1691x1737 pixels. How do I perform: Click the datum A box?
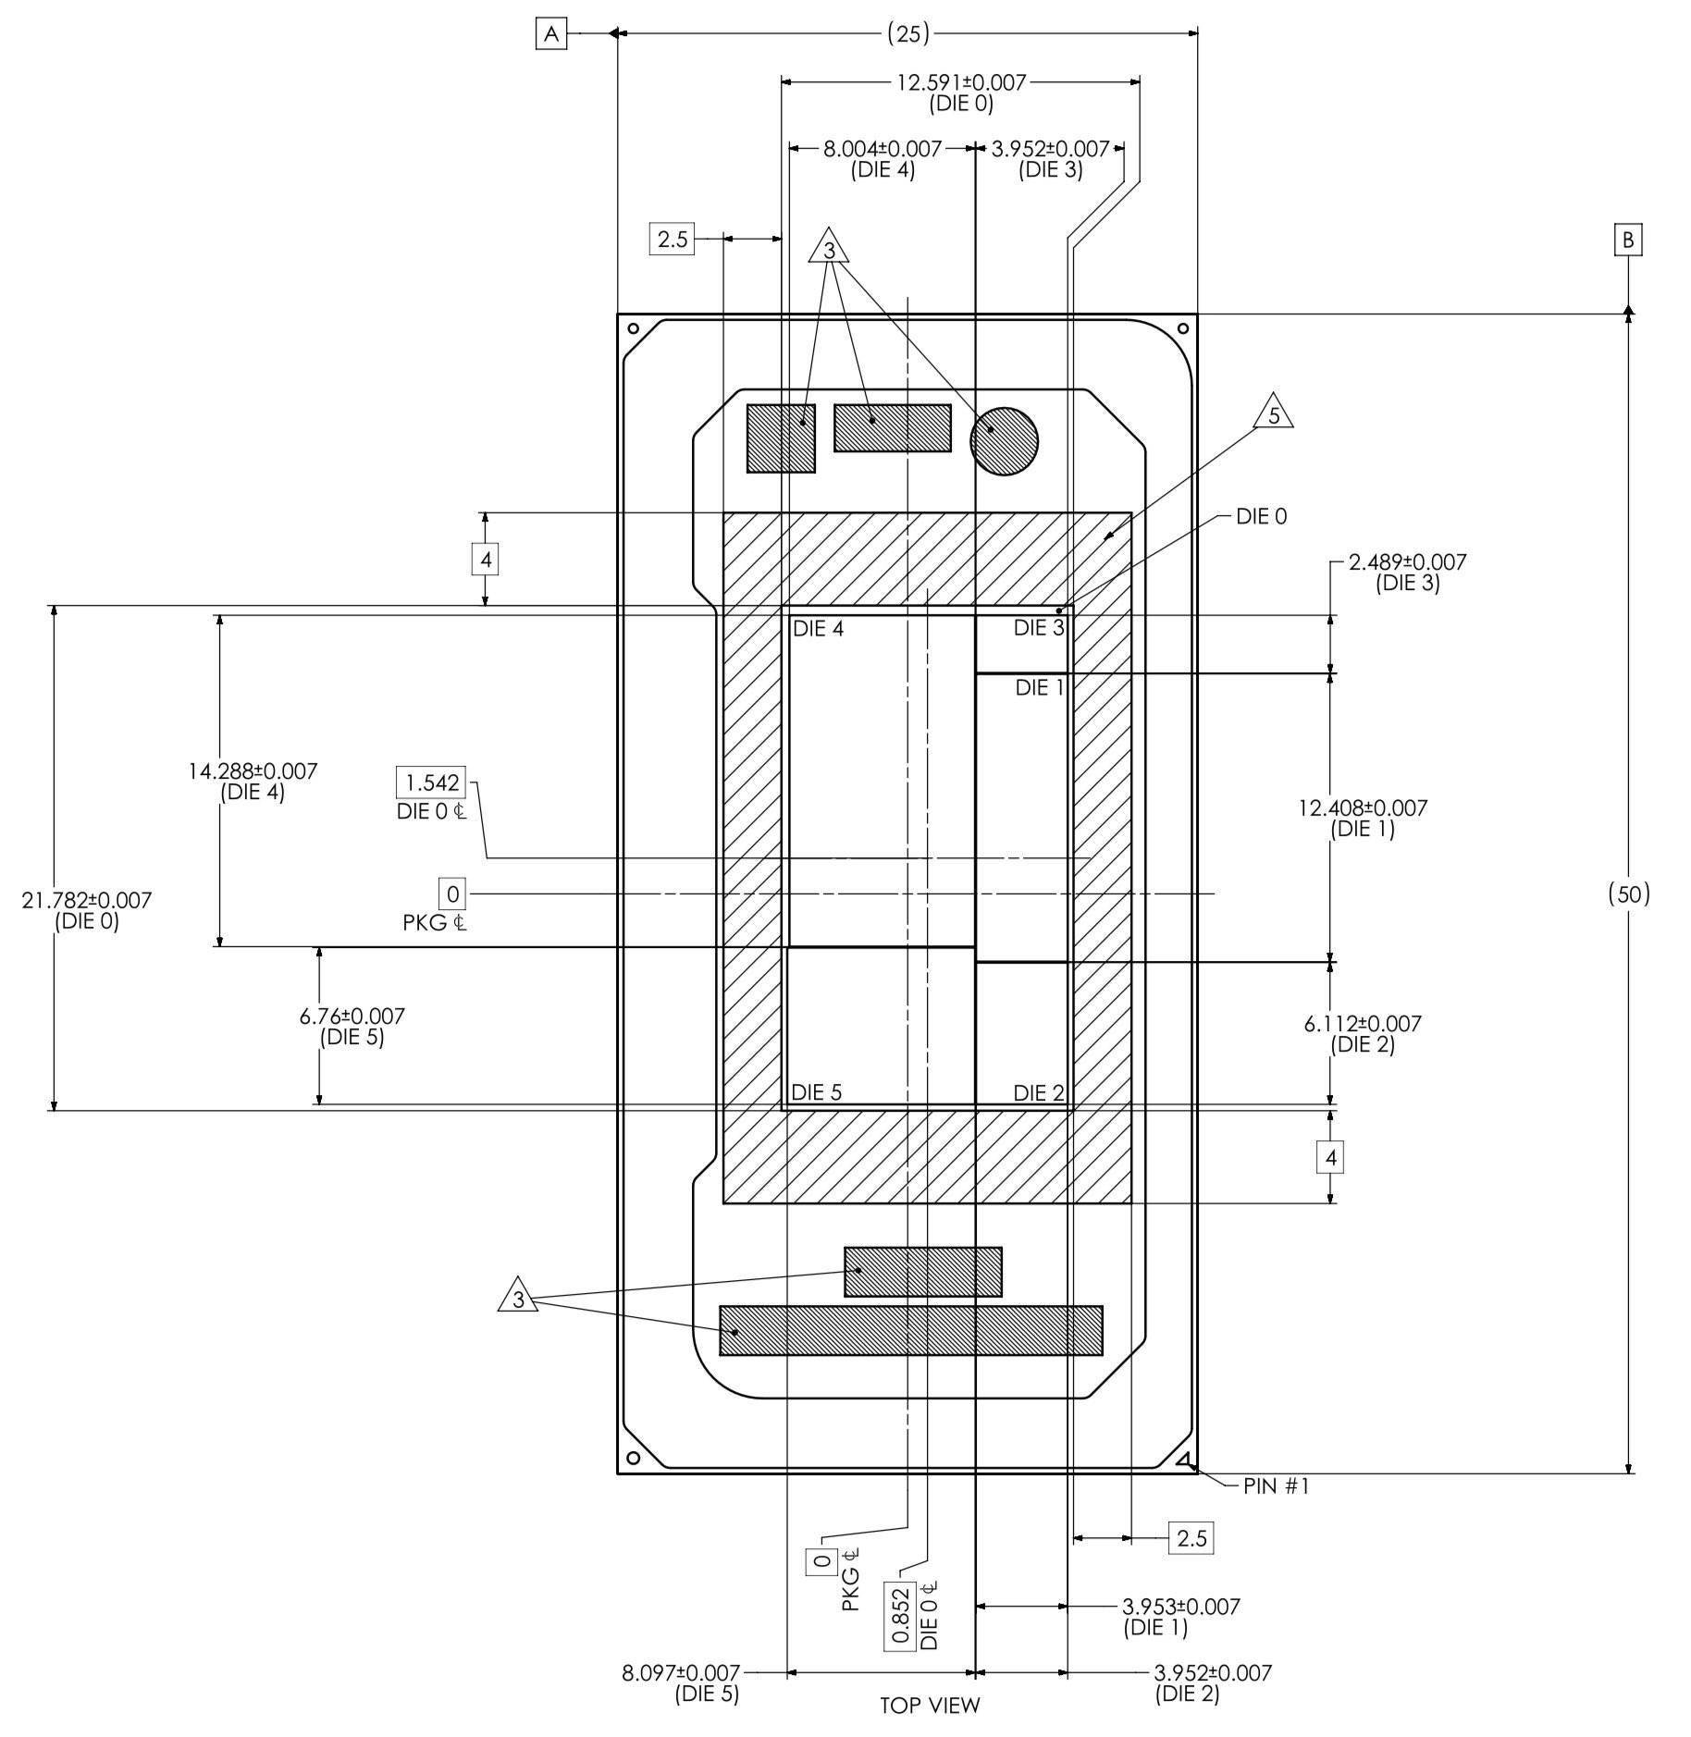(x=551, y=34)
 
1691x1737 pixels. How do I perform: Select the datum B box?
(x=1628, y=240)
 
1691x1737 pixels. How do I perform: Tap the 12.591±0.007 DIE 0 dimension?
(x=961, y=92)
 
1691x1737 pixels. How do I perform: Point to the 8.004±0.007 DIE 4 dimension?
(x=883, y=159)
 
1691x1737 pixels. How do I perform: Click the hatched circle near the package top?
(x=1004, y=441)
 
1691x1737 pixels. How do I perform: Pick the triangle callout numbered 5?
(x=1274, y=413)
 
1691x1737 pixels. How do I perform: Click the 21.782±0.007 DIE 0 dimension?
(x=87, y=910)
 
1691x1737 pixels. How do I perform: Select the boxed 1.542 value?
(x=432, y=782)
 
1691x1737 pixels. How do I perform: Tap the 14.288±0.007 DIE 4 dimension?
(x=253, y=782)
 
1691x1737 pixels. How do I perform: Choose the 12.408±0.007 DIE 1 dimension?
(x=1363, y=819)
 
